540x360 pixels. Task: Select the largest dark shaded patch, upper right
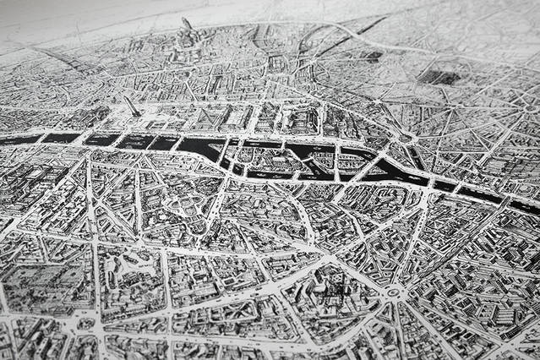pos(439,76)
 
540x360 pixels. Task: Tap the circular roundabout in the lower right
pos(394,293)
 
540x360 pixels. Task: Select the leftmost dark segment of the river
pos(19,139)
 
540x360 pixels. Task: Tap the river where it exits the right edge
pos(526,205)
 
